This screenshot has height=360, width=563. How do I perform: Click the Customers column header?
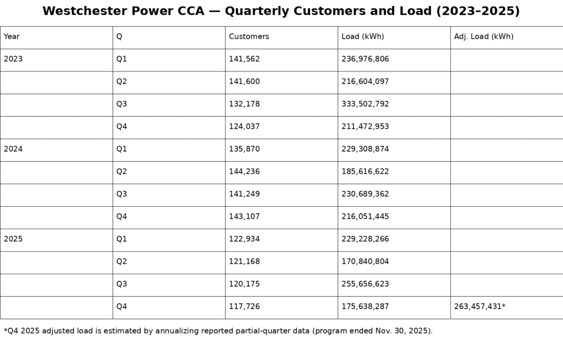249,37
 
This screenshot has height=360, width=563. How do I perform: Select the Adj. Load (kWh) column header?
484,37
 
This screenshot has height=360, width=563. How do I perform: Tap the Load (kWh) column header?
363,37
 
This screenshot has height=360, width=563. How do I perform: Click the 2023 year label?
13,59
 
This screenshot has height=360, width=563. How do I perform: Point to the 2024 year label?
13,149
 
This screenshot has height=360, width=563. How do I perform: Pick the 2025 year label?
13,239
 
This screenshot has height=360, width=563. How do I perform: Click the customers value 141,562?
244,59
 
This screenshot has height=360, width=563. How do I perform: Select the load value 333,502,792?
365,104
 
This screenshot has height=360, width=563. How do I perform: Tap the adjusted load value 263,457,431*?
479,307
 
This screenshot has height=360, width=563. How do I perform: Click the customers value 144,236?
244,171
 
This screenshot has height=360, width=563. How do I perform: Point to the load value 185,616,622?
365,171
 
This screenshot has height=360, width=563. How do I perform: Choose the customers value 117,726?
244,307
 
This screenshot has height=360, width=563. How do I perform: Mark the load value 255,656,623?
365,284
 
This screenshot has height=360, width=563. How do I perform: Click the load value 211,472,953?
365,127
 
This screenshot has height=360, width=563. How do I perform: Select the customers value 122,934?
244,239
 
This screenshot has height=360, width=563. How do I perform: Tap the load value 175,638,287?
365,307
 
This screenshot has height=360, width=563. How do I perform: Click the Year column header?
12,37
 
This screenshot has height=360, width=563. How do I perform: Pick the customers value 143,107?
244,217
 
